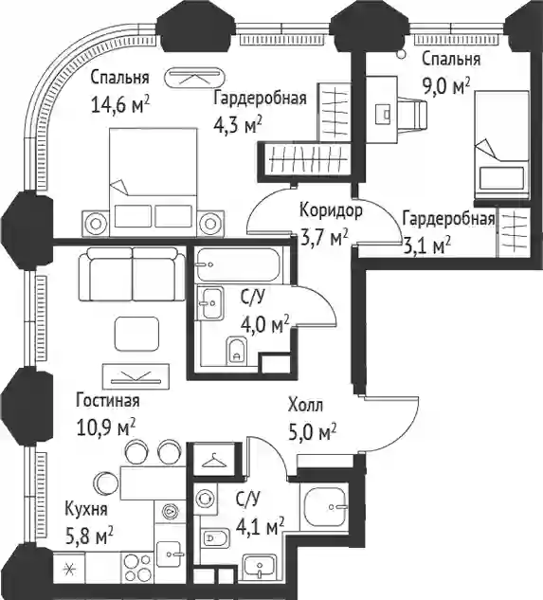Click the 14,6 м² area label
click(x=119, y=104)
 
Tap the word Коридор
click(x=331, y=211)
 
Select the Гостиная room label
click(x=108, y=401)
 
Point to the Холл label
click(x=306, y=406)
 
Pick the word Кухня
click(x=86, y=509)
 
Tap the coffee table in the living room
click(x=137, y=334)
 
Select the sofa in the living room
click(x=133, y=274)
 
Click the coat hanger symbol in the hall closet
click(x=214, y=461)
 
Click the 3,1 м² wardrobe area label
click(x=427, y=245)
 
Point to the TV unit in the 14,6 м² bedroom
click(x=193, y=78)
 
